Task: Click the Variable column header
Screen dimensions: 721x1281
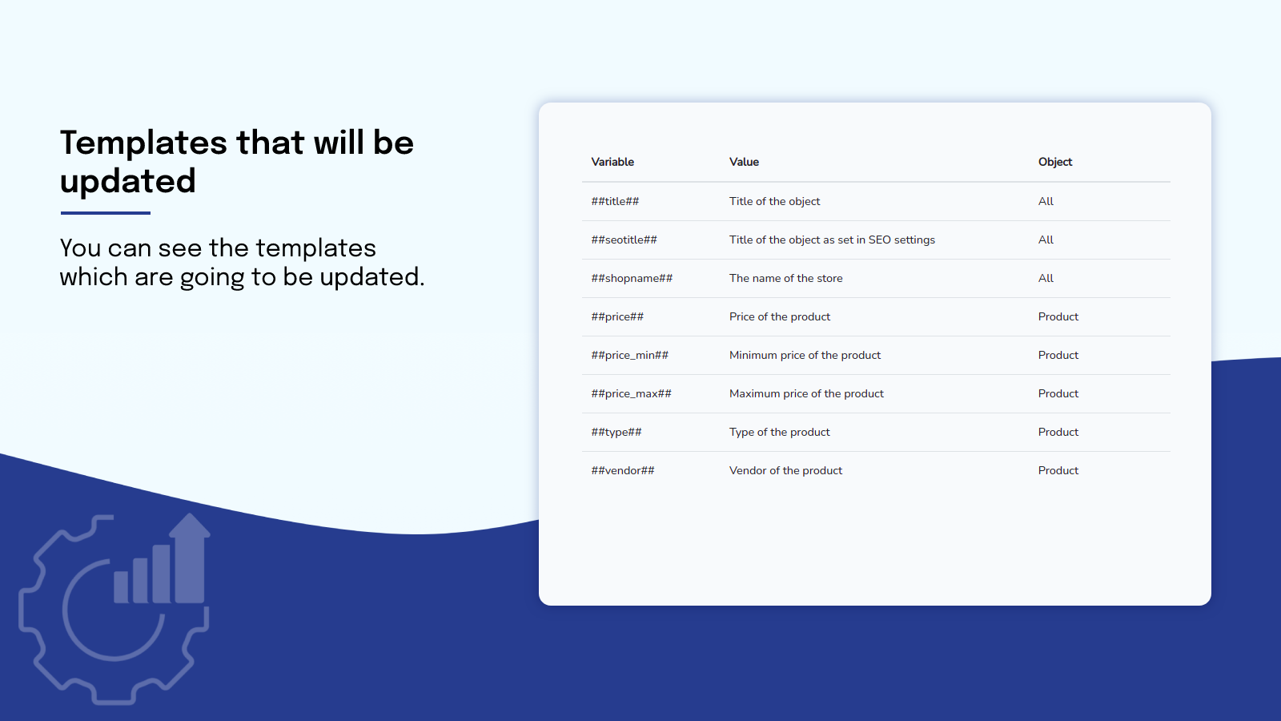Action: (612, 162)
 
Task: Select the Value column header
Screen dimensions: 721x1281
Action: (744, 162)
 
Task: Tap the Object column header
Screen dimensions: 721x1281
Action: (1054, 162)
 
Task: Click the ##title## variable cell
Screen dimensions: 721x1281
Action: (615, 201)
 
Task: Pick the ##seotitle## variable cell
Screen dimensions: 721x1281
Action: (624, 240)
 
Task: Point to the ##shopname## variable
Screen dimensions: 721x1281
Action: (632, 278)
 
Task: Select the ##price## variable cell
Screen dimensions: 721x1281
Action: (617, 316)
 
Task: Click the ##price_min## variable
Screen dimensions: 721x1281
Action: (629, 355)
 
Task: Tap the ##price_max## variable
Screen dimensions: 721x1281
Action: (631, 393)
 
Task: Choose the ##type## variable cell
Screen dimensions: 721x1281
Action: (616, 432)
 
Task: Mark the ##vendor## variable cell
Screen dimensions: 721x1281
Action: (623, 470)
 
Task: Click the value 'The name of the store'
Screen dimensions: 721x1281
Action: (785, 278)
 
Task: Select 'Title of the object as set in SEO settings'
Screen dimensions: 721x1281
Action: (832, 240)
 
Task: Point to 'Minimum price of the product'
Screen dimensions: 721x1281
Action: (805, 355)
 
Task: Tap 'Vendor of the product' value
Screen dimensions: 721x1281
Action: (785, 470)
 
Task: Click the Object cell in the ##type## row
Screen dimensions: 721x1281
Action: (1058, 432)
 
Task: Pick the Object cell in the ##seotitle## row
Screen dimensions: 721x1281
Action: (1046, 240)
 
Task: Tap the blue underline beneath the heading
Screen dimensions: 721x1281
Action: (106, 213)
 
